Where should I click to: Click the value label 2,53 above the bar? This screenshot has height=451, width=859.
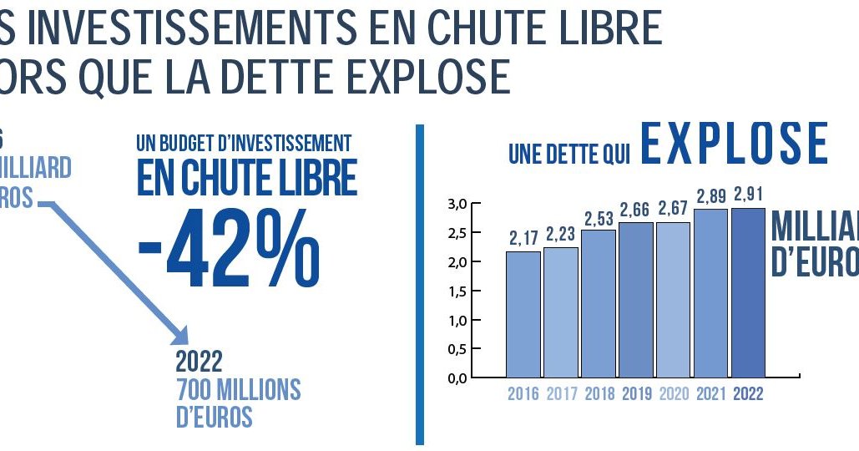[599, 219]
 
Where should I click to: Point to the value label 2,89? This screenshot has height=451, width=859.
[711, 198]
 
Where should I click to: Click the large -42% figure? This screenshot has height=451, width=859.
[228, 247]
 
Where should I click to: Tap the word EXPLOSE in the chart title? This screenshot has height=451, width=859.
[735, 144]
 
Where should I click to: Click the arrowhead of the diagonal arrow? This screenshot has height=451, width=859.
[181, 335]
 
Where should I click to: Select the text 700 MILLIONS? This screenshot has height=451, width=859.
[237, 390]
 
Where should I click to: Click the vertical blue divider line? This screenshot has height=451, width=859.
[420, 284]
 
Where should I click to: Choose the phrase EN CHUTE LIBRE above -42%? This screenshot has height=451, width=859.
[246, 177]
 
